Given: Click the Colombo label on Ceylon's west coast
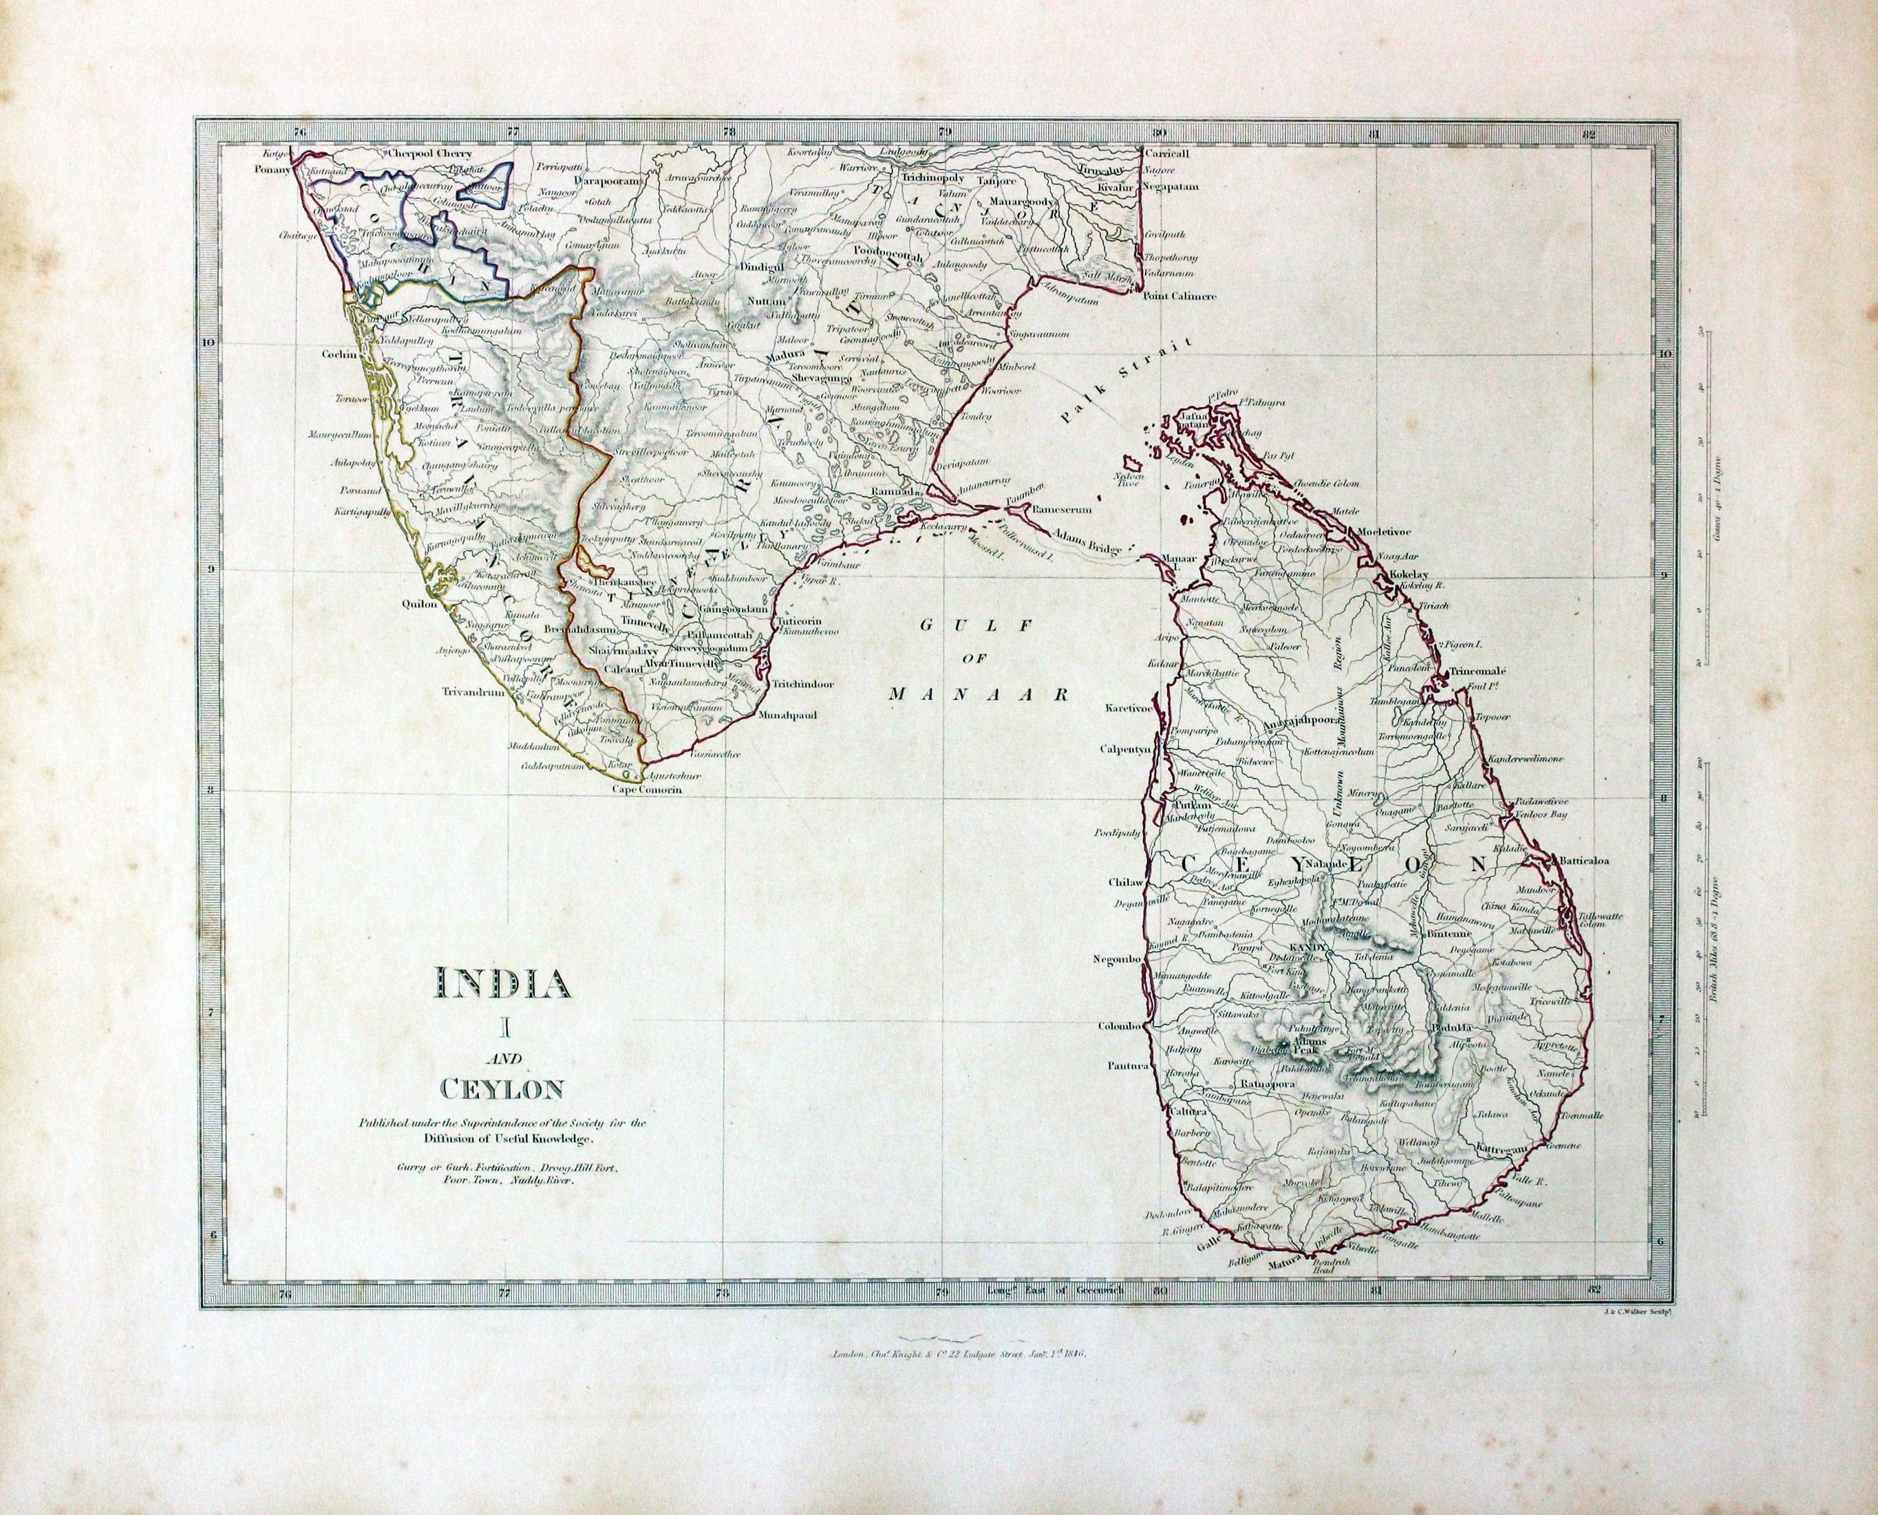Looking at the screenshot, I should point(1119,1027).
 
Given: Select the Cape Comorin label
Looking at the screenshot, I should point(645,790).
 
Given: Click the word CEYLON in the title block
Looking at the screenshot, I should point(501,1090).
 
